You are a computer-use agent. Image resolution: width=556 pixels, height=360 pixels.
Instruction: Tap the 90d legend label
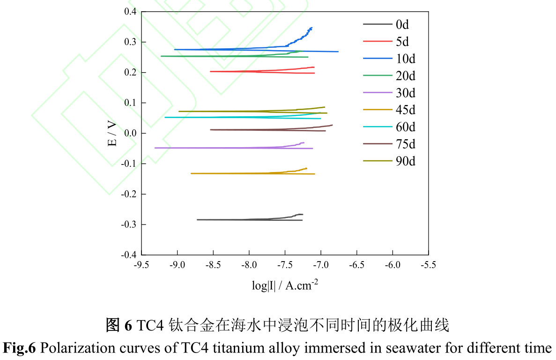[406, 161]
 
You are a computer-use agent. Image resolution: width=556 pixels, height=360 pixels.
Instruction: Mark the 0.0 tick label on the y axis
[130, 133]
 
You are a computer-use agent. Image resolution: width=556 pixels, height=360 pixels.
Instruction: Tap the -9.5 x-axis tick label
[142, 265]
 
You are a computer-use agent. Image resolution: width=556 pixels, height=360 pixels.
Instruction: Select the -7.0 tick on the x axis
[321, 265]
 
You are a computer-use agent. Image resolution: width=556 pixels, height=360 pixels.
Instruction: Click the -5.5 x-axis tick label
[428, 265]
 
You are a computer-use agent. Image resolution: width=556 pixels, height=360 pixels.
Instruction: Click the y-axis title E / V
[113, 134]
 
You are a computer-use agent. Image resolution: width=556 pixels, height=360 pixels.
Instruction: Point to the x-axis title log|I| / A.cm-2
[285, 285]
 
